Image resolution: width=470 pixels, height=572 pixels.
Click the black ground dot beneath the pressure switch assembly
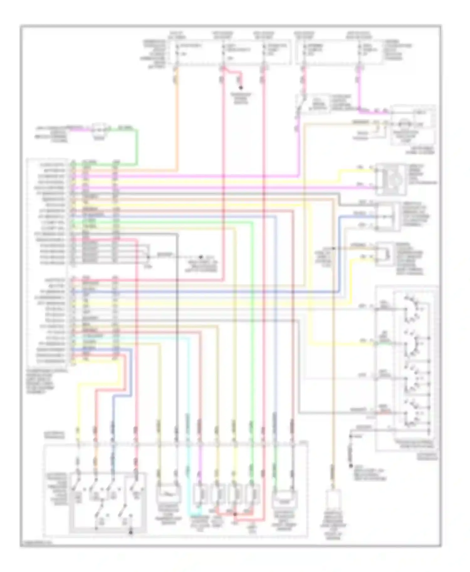131,532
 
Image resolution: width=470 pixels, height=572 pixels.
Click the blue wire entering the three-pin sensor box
357,216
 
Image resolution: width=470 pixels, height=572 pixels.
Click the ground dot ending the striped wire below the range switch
351,466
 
